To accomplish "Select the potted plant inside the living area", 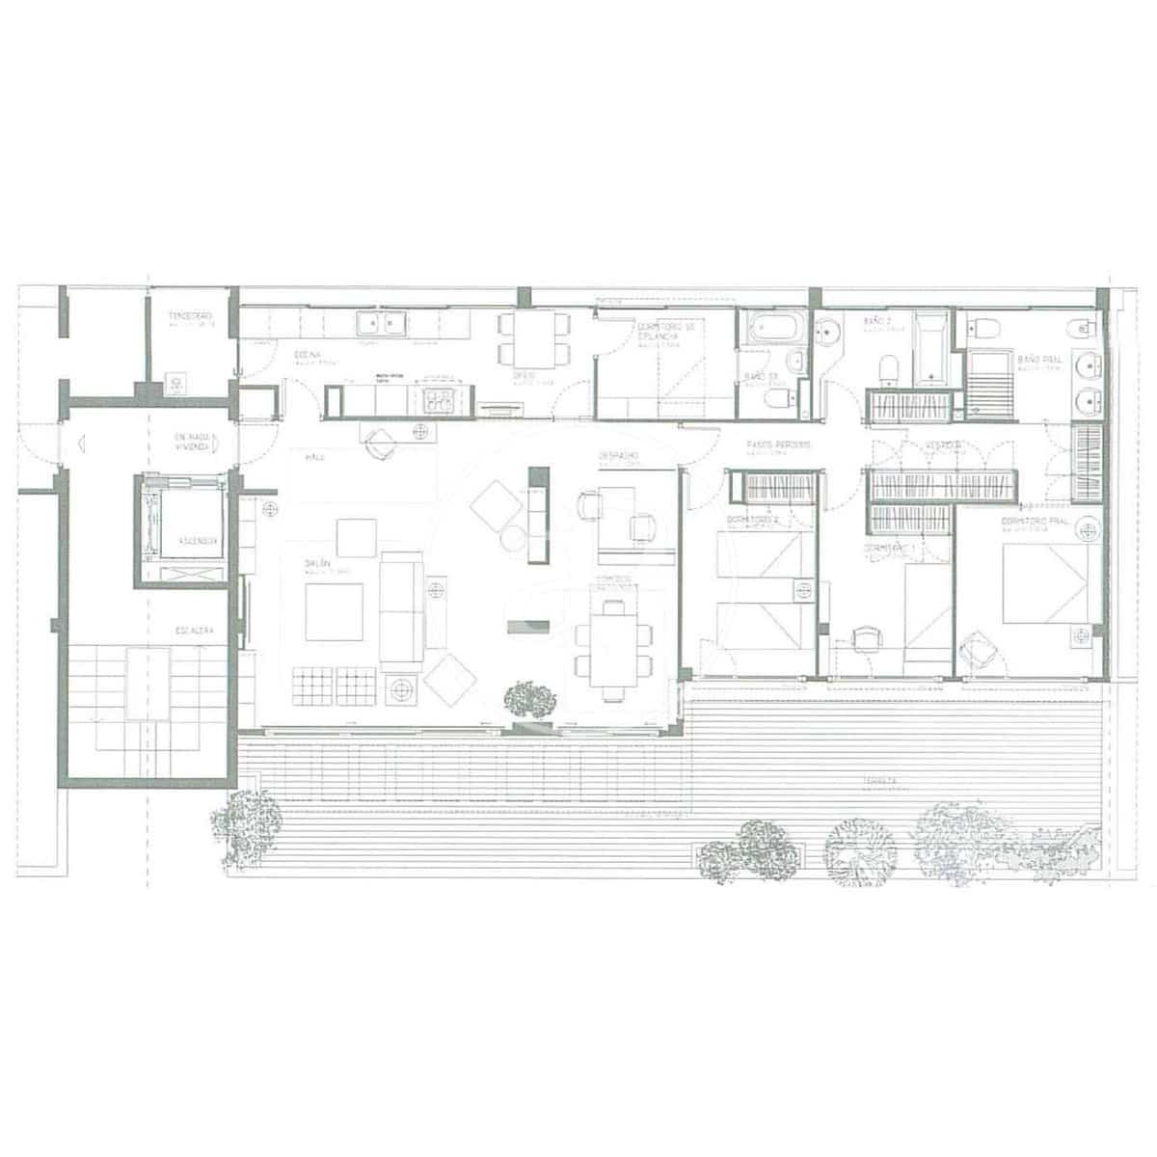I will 530,699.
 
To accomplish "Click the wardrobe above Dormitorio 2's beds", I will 774,486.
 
